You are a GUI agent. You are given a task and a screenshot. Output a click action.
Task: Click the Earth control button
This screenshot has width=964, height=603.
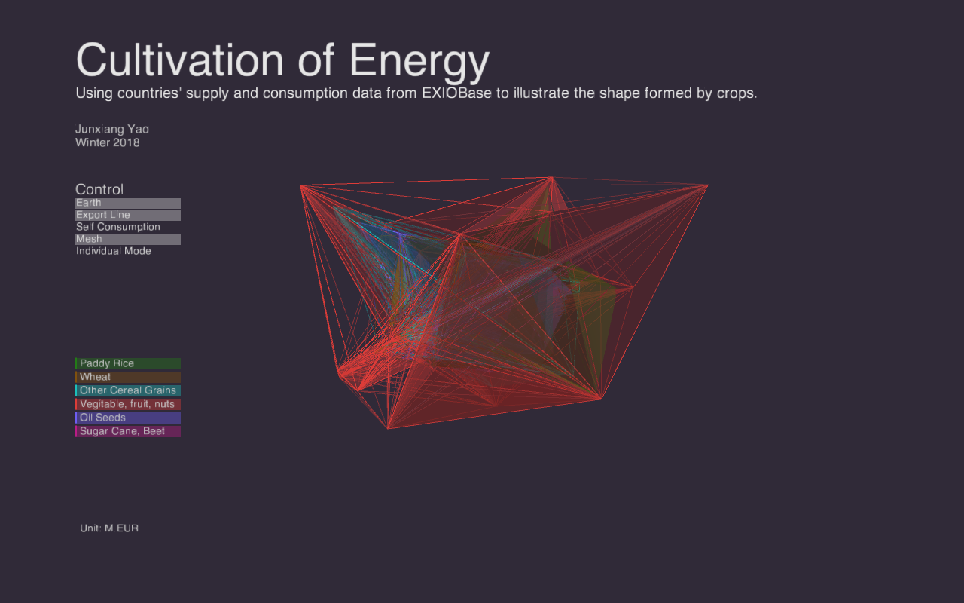coord(128,204)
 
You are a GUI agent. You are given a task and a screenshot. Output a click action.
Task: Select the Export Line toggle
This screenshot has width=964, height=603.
coord(128,215)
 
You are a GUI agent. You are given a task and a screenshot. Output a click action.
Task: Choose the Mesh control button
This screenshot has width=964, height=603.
coord(128,239)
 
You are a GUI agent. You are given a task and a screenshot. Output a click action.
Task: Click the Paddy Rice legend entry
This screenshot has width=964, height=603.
coord(128,363)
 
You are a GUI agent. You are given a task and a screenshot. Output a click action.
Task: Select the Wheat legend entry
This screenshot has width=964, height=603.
coord(128,377)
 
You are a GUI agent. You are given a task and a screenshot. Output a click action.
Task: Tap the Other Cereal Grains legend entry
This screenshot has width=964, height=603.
coord(128,390)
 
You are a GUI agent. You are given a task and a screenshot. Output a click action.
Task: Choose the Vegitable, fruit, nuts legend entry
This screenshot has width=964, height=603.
coord(128,404)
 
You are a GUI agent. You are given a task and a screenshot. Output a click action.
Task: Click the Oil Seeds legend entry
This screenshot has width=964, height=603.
coord(128,418)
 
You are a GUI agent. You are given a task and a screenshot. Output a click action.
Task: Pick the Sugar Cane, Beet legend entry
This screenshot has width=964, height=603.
coord(128,431)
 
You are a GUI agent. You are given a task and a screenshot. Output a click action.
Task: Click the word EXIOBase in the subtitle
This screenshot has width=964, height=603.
coord(456,93)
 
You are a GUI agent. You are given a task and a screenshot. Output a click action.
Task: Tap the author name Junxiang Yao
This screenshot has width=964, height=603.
coord(112,130)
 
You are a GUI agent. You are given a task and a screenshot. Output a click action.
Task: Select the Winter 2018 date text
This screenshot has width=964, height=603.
coord(108,143)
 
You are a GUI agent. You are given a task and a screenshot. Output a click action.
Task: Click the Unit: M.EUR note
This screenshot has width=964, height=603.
coord(109,528)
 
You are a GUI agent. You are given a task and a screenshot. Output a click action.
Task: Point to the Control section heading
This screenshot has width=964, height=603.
coord(99,190)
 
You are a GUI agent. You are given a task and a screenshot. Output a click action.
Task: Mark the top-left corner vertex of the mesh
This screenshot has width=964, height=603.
coord(300,185)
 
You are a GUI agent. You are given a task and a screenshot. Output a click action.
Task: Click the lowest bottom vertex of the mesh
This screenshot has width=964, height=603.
coord(387,429)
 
